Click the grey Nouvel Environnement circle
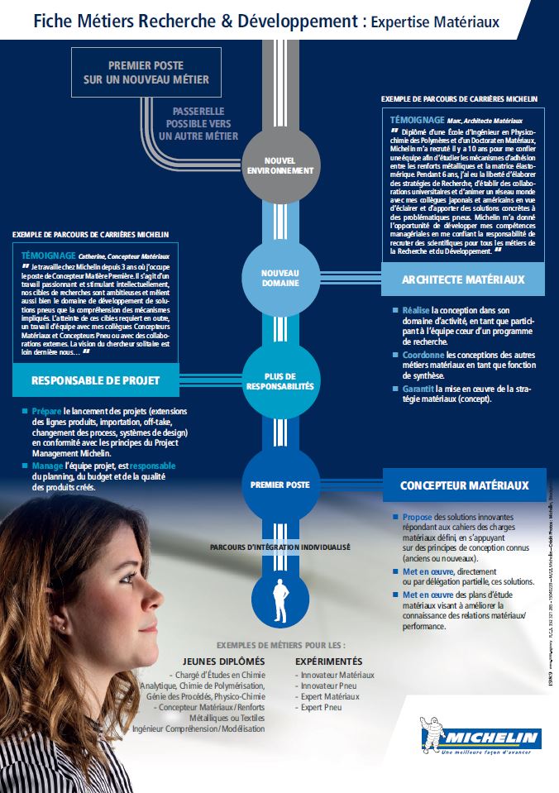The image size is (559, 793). (279, 165)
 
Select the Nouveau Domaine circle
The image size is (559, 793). (279, 279)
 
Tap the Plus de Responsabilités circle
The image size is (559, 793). (279, 381)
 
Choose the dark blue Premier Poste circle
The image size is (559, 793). (279, 485)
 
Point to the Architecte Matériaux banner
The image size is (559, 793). (463, 279)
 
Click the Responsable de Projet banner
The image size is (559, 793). (95, 380)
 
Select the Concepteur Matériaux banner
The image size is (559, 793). (464, 485)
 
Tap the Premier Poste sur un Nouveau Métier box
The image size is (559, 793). (146, 71)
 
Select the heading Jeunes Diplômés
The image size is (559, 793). (223, 662)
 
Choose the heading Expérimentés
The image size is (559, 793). (328, 662)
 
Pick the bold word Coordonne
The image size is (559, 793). (420, 354)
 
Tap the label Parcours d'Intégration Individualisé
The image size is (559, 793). (279, 547)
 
